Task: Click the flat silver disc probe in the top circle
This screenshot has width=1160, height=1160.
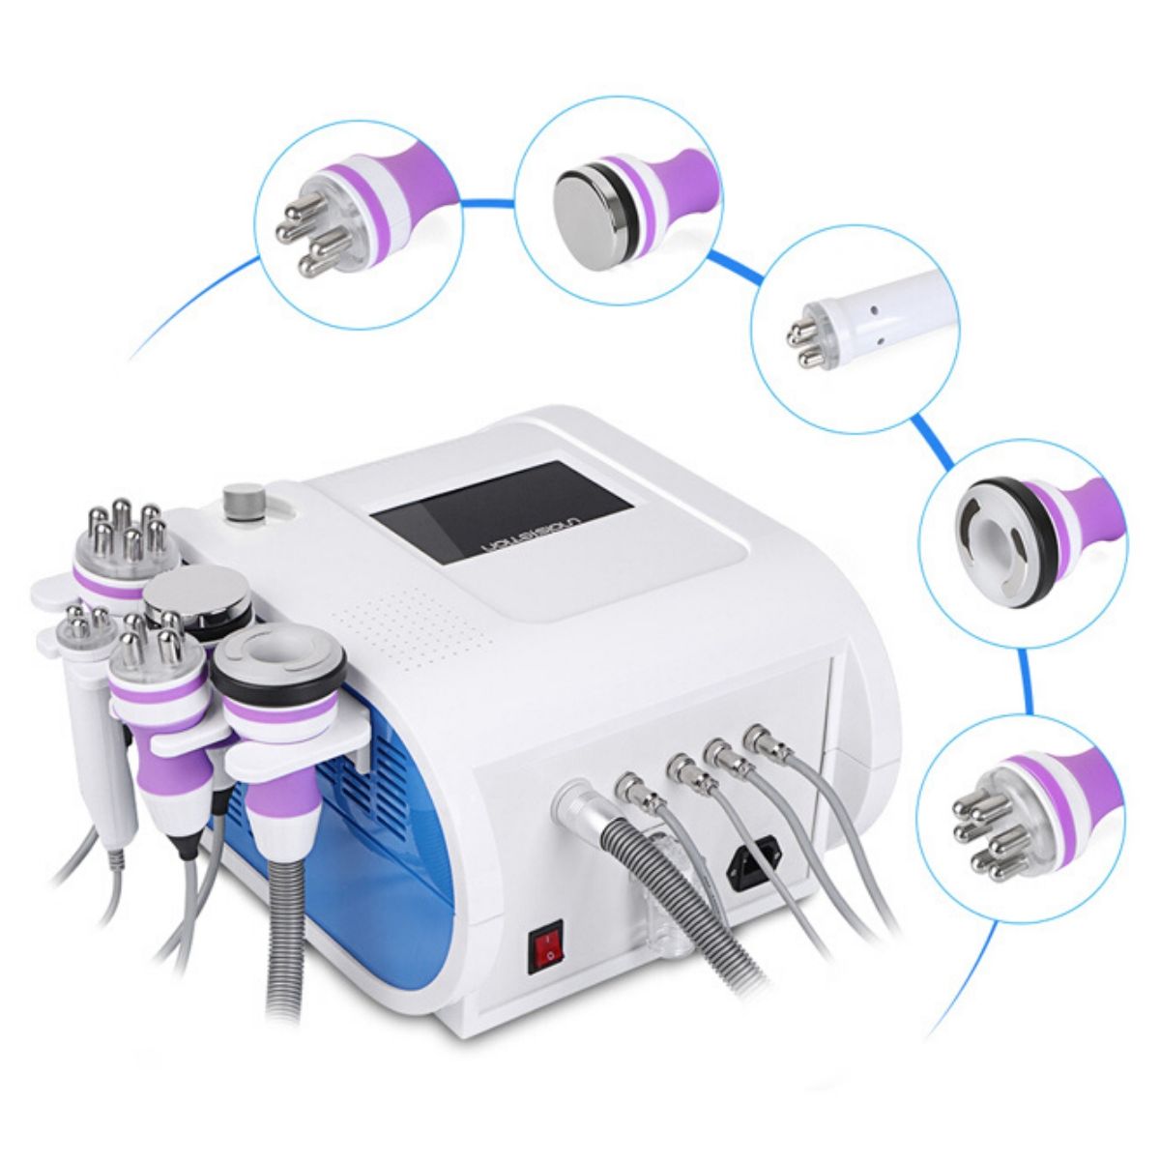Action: (x=588, y=204)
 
